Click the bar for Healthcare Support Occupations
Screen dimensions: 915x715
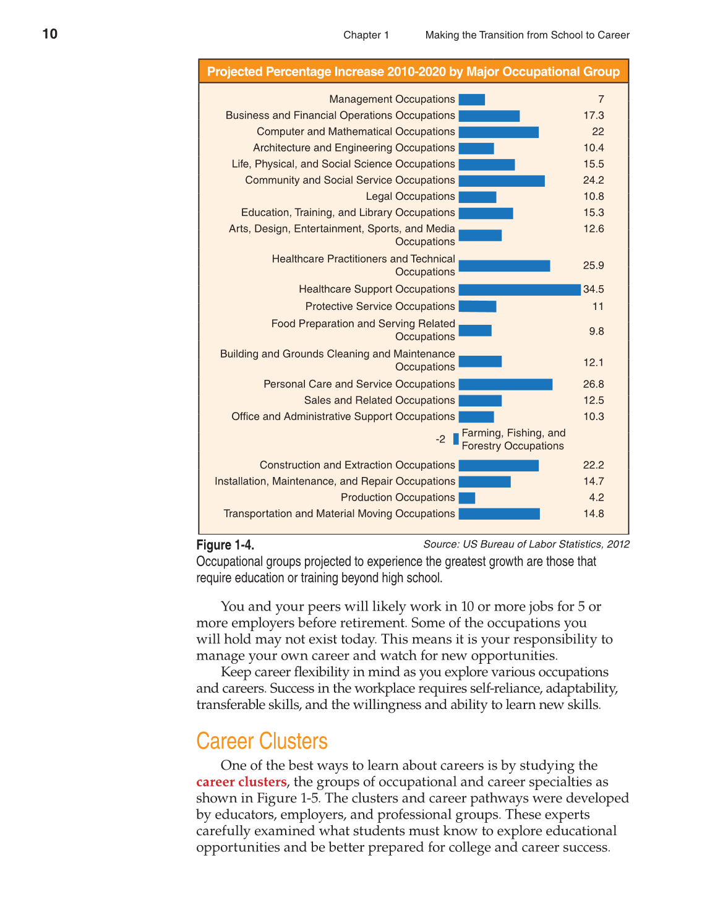pyautogui.click(x=520, y=290)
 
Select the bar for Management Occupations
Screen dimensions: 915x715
pyautogui.click(x=472, y=100)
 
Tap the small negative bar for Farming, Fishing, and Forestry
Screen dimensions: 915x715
pyautogui.click(x=456, y=439)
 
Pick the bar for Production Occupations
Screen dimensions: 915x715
pyautogui.click(x=467, y=498)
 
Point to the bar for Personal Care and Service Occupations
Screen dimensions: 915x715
pyautogui.click(x=505, y=385)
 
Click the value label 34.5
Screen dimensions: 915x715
pyautogui.click(x=594, y=290)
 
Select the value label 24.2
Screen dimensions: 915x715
pyautogui.click(x=594, y=181)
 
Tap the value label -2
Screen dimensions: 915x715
pyautogui.click(x=440, y=439)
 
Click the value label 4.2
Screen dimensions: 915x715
pyautogui.click(x=596, y=498)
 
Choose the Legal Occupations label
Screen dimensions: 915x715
pyautogui.click(x=410, y=197)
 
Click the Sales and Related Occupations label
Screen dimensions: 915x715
pyautogui.click(x=379, y=401)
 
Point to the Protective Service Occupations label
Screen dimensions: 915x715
pyautogui.click(x=380, y=307)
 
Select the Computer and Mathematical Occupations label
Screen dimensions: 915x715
pyautogui.click(x=356, y=132)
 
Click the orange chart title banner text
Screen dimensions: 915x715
pyautogui.click(x=413, y=72)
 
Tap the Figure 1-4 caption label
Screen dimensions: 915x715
pyautogui.click(x=225, y=545)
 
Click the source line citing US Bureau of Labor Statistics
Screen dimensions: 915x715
pyautogui.click(x=526, y=544)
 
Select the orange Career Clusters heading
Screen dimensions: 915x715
pyautogui.click(x=262, y=741)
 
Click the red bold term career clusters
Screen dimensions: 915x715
pyautogui.click(x=241, y=782)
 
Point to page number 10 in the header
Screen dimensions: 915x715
pyautogui.click(x=50, y=34)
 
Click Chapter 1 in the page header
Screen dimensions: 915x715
pyautogui.click(x=366, y=35)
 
